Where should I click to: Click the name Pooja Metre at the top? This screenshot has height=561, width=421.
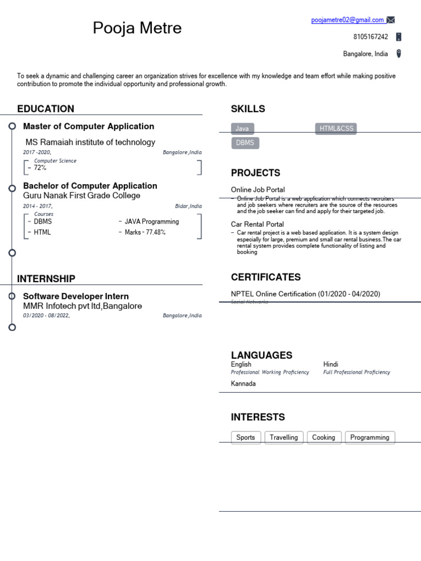[137, 27]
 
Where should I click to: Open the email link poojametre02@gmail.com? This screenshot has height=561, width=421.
[348, 20]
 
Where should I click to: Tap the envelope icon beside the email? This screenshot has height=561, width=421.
[390, 20]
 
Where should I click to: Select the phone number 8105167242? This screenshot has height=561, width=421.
[371, 37]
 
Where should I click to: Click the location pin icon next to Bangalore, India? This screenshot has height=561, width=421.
[399, 54]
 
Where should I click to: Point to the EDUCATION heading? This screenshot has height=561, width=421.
[45, 108]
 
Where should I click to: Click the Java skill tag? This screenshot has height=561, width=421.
[242, 129]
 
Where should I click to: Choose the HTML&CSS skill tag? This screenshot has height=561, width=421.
[337, 129]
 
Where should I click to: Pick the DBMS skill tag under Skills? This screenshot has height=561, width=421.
[245, 143]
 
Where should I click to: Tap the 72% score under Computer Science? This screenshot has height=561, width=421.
[40, 168]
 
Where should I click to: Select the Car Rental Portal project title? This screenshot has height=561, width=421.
[257, 224]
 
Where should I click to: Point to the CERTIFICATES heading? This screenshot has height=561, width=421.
[265, 277]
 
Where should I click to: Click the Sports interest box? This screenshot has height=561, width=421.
[246, 437]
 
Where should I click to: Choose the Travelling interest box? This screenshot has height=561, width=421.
[284, 437]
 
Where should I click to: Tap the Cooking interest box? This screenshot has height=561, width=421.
[323, 437]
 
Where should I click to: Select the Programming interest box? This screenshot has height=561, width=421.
[369, 437]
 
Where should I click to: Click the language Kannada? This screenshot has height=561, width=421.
[243, 383]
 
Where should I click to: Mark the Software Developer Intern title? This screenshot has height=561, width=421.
[76, 296]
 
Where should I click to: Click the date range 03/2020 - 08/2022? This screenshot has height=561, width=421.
[46, 316]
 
